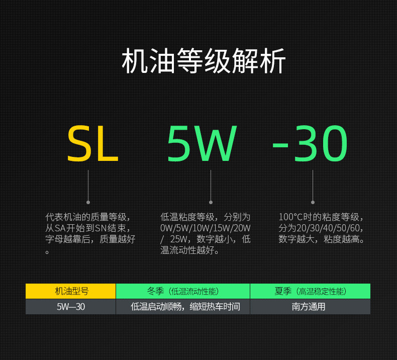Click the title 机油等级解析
pos(204,62)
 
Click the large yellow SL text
pos(93,144)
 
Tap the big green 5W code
pos(202,144)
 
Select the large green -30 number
pos(310,144)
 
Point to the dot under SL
pos(88,202)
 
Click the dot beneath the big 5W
pos(211,202)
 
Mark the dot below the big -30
pos(313,202)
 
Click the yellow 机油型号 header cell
pos(71,291)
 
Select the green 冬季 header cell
pos(183,291)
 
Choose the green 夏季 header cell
pos(310,291)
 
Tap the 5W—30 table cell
pos(71,307)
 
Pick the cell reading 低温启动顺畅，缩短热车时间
pos(183,307)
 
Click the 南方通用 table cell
pos(310,307)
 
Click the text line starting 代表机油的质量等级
pos(89,217)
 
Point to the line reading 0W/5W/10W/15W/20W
pos(205,228)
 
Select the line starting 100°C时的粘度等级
pos(321,217)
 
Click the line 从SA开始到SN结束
pos(89,228)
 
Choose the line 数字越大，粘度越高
pos(321,239)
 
